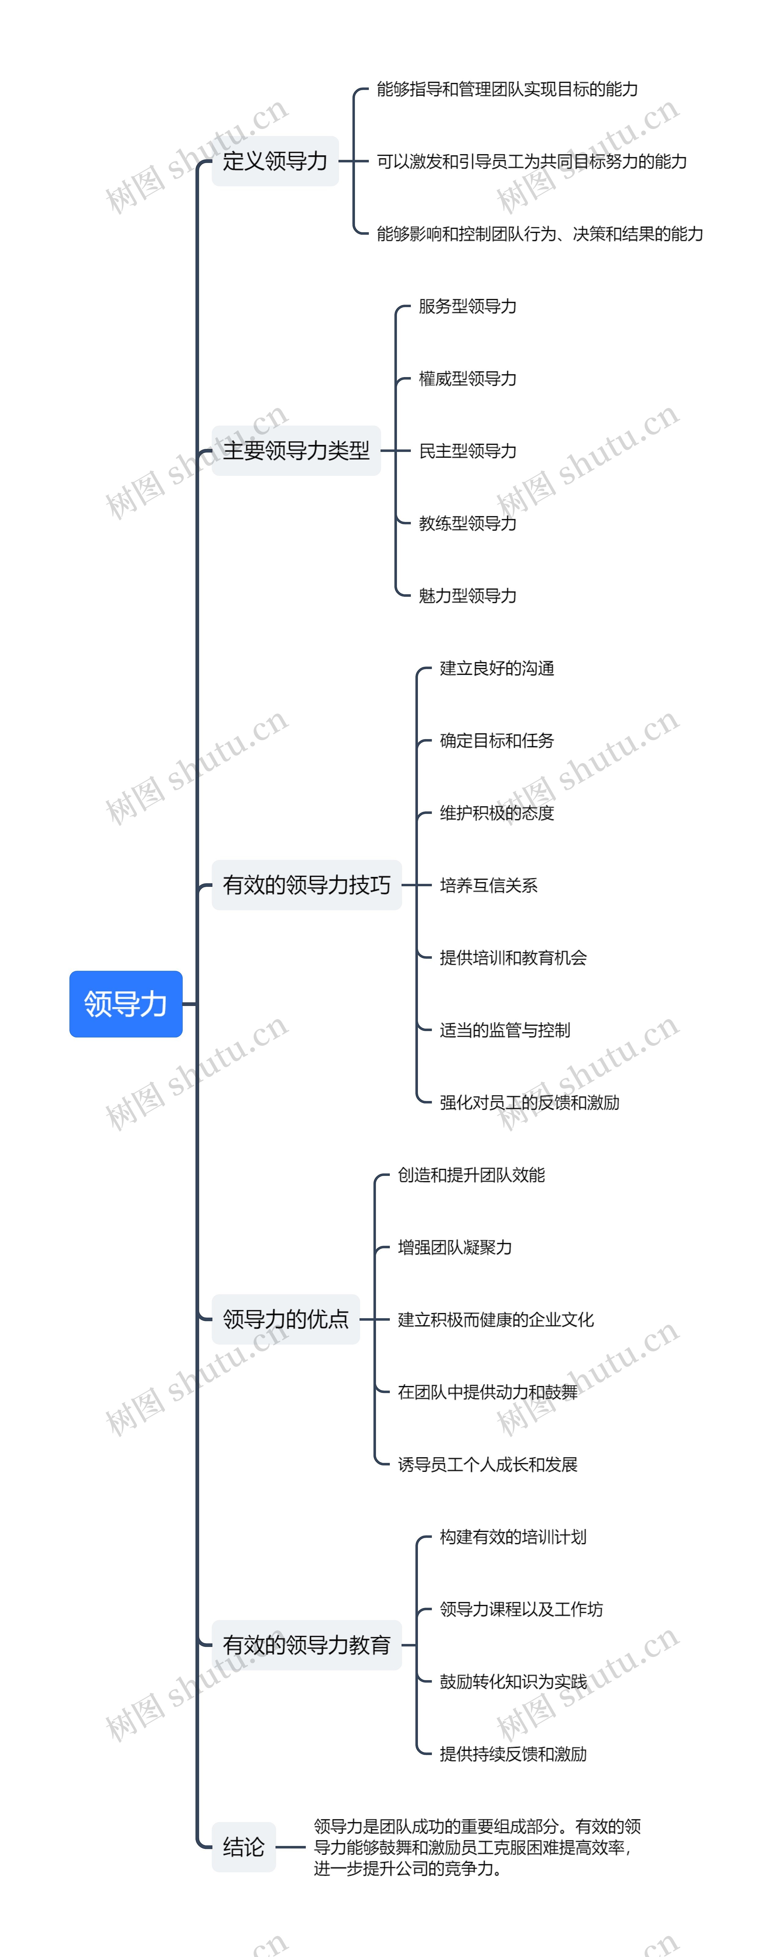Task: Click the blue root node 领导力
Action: (x=125, y=1004)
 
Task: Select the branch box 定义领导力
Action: (x=275, y=161)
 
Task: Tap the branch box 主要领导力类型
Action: (x=296, y=450)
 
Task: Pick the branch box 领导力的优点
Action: (x=286, y=1319)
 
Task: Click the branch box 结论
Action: (x=243, y=1847)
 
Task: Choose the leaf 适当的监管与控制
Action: (x=505, y=1030)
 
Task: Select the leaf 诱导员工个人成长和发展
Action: (x=488, y=1464)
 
